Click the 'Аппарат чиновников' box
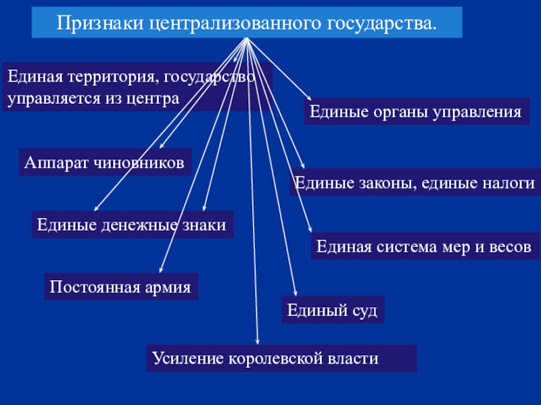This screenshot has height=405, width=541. click(104, 163)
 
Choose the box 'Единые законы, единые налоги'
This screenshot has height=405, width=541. click(415, 183)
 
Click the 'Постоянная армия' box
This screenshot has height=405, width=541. click(120, 287)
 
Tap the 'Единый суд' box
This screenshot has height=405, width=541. click(332, 310)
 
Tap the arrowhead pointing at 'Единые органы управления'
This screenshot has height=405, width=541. click(308, 99)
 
